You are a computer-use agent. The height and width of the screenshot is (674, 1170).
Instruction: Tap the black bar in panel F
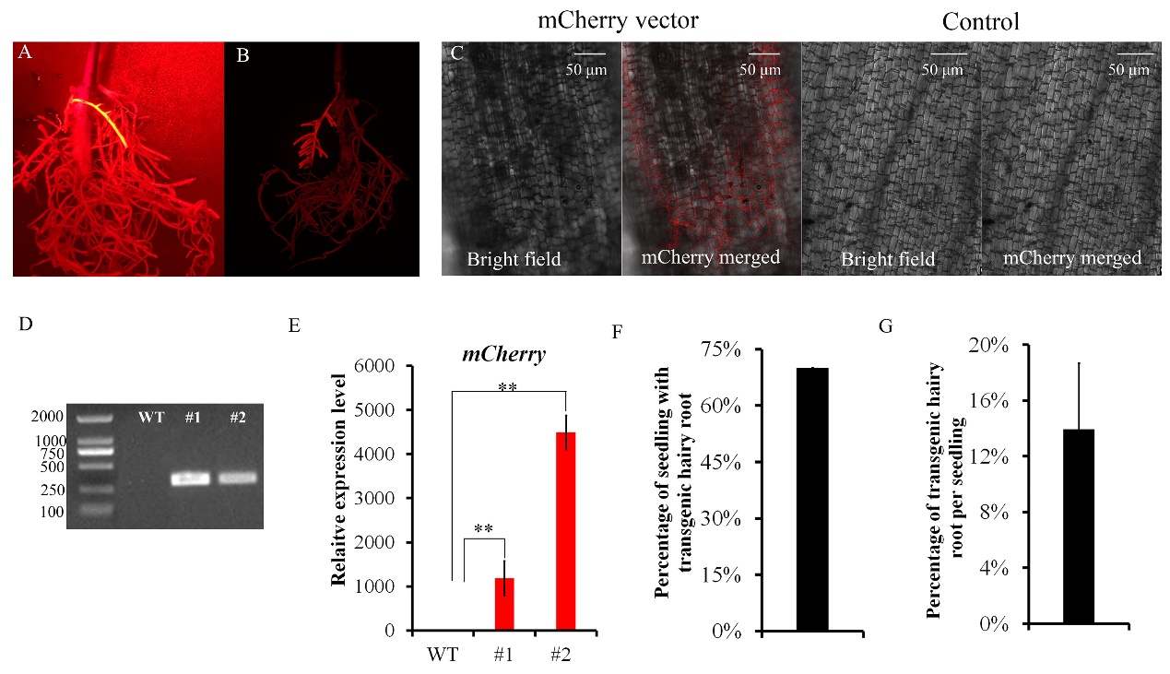(812, 499)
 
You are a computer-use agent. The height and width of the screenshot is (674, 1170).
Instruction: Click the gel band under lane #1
(191, 478)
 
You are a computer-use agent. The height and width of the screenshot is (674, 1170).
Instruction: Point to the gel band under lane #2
(238, 478)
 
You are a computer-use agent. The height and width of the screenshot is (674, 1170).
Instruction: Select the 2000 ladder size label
(49, 417)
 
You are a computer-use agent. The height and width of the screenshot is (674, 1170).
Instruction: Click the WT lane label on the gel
(151, 417)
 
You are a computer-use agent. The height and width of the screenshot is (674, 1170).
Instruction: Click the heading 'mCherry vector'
(619, 19)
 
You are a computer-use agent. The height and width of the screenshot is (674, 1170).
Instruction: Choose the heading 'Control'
(981, 20)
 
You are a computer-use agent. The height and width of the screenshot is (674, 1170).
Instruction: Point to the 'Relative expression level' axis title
(339, 479)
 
